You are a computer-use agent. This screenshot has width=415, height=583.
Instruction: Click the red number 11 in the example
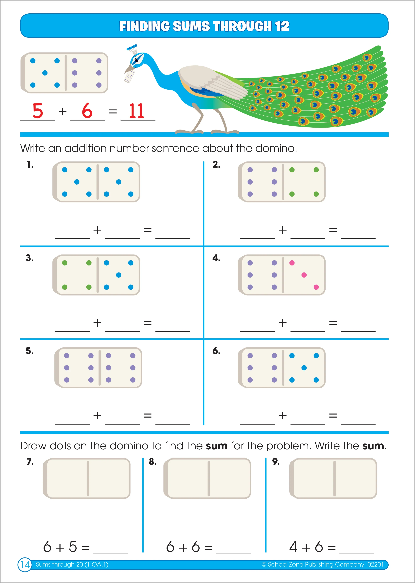pyautogui.click(x=137, y=111)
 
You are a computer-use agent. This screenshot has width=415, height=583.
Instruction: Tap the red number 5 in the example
pyautogui.click(x=38, y=111)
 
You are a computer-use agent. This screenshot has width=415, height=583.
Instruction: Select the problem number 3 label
pyautogui.click(x=30, y=258)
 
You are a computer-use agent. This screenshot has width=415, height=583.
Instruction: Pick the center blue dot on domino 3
pyautogui.click(x=119, y=275)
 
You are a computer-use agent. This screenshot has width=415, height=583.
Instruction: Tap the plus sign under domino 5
pyautogui.click(x=97, y=415)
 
